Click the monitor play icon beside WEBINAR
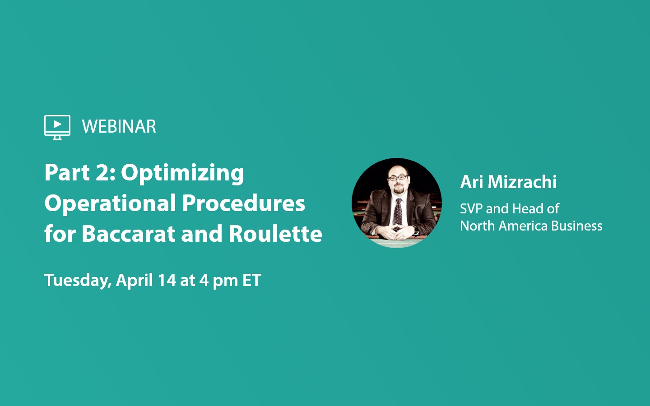57,126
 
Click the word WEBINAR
119,127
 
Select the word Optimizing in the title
182,173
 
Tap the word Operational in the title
110,203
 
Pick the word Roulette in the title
275,234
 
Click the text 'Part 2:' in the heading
80,173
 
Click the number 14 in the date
167,280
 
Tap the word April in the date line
134,280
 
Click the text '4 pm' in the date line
218,280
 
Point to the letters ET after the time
251,280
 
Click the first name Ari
472,182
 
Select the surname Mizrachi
522,182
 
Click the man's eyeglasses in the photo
398,178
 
